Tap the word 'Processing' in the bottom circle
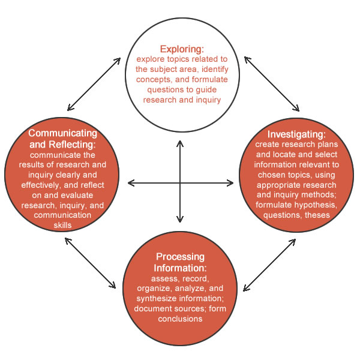pyautogui.click(x=180, y=257)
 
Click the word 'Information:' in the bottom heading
pyautogui.click(x=180, y=268)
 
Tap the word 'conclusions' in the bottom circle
pyautogui.click(x=180, y=319)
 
